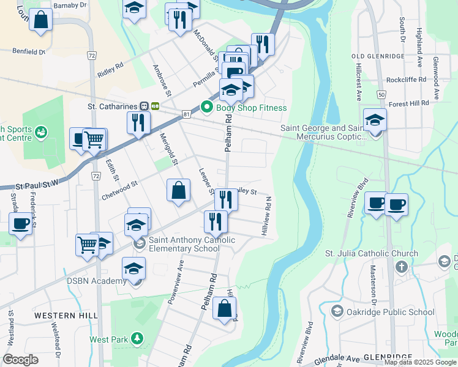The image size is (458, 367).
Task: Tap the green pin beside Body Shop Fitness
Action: pos(206,108)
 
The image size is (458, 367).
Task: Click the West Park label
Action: pos(108,339)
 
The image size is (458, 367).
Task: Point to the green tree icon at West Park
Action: pos(138,338)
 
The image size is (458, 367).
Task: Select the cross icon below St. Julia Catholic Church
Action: pos(402,266)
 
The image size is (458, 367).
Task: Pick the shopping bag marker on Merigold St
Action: pos(178,190)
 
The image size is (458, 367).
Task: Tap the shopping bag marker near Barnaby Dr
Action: pos(40,20)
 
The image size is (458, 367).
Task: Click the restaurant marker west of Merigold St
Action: pos(138,122)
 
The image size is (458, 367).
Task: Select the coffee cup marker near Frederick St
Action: pos(21,223)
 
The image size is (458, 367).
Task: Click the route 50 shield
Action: pos(381,95)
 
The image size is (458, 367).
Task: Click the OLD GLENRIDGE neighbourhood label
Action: pos(377,56)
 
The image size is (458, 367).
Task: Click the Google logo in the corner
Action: pos(21,360)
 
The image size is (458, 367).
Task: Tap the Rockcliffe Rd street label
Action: pos(411,80)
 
